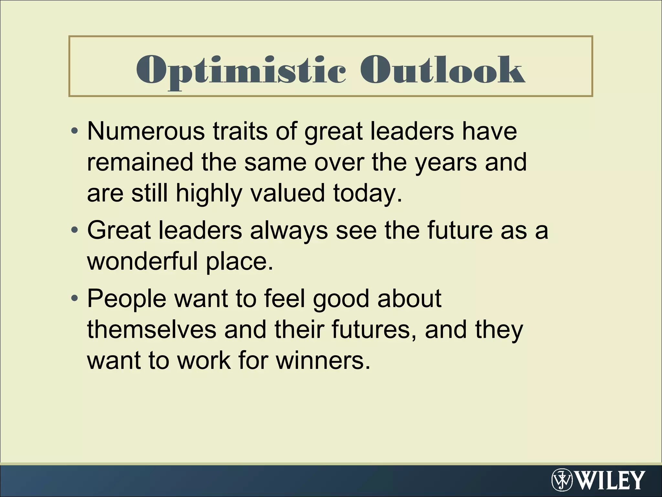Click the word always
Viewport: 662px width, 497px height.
(x=289, y=231)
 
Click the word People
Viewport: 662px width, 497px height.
(x=127, y=299)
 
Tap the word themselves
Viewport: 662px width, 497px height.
(x=152, y=329)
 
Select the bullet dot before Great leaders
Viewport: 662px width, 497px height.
(x=75, y=230)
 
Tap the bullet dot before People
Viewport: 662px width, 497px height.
(x=75, y=298)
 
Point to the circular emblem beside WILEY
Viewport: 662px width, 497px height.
(x=562, y=480)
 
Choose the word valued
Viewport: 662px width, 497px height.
(x=287, y=193)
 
